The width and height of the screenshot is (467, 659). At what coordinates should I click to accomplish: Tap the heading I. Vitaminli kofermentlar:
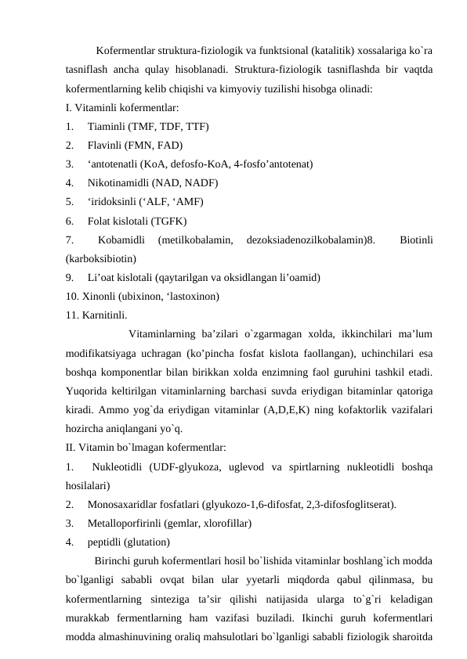122,107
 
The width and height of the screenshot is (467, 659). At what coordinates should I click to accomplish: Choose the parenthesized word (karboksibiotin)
102,257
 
